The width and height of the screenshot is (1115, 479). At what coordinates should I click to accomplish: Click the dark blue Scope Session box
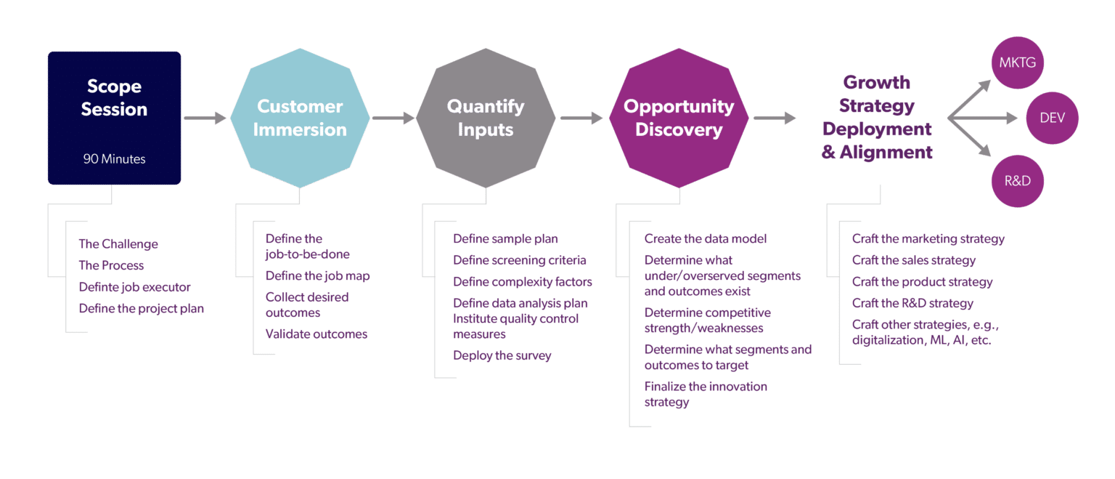point(114,118)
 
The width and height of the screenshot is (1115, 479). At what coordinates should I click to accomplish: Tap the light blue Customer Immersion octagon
point(300,118)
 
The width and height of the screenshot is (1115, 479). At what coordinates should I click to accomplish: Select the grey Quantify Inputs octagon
point(485,118)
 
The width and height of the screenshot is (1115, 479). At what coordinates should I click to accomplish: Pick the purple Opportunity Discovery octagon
point(679,118)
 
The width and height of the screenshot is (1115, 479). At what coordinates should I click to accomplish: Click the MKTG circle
point(1016,63)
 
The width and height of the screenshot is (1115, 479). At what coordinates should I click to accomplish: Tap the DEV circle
point(1052,118)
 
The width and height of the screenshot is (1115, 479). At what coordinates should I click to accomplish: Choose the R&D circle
point(1016,181)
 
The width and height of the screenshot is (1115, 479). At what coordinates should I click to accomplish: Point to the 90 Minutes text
point(114,158)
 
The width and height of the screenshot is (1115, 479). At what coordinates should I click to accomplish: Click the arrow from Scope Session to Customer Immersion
point(205,118)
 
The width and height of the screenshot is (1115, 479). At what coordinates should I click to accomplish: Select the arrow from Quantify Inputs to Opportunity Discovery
point(581,118)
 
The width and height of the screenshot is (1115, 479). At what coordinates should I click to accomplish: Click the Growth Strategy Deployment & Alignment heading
point(876,118)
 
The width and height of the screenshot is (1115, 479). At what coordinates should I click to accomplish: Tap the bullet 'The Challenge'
point(118,244)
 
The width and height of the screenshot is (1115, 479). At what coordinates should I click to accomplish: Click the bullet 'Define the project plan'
point(141,309)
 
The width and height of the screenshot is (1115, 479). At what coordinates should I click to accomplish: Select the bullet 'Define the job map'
point(317,276)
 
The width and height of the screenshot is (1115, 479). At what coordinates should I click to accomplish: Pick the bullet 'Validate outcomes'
point(316,334)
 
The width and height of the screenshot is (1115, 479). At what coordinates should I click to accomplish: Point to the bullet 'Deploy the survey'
point(502,355)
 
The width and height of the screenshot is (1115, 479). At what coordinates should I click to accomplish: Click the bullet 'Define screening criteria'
point(519,260)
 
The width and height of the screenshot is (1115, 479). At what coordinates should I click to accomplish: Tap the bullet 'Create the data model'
point(705,239)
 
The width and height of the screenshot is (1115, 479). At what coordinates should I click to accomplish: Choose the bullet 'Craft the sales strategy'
point(913,260)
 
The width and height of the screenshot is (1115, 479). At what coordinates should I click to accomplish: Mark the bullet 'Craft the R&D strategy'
point(912,303)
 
